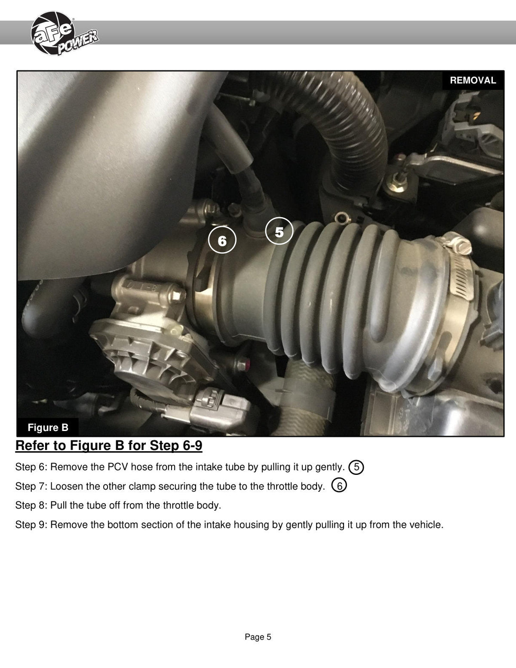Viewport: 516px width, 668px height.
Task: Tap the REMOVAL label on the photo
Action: pos(473,80)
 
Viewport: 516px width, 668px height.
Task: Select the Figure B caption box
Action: pos(48,427)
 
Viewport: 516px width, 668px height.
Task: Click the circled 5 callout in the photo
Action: pos(279,231)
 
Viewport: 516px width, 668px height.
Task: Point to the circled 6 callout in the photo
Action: pos(222,240)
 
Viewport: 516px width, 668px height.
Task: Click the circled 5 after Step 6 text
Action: pos(356,467)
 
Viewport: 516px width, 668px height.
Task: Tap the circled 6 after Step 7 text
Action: pos(339,485)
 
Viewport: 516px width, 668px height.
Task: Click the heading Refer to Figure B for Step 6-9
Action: pos(109,446)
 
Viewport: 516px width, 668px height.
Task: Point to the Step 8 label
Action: pos(31,505)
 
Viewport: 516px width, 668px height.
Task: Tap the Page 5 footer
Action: pos(258,637)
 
